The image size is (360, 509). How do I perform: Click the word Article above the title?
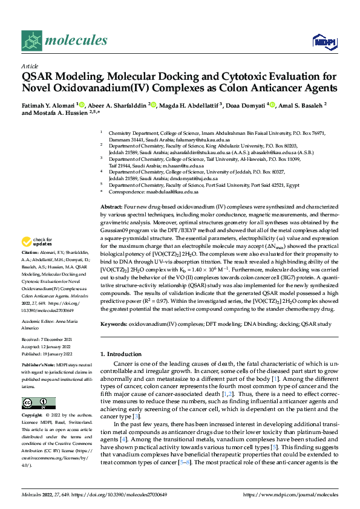pos(30,66)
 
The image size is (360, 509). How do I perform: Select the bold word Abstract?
pos(110,207)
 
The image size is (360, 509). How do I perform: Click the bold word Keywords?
pos(113,324)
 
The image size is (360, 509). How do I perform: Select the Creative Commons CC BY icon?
pos(35,403)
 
